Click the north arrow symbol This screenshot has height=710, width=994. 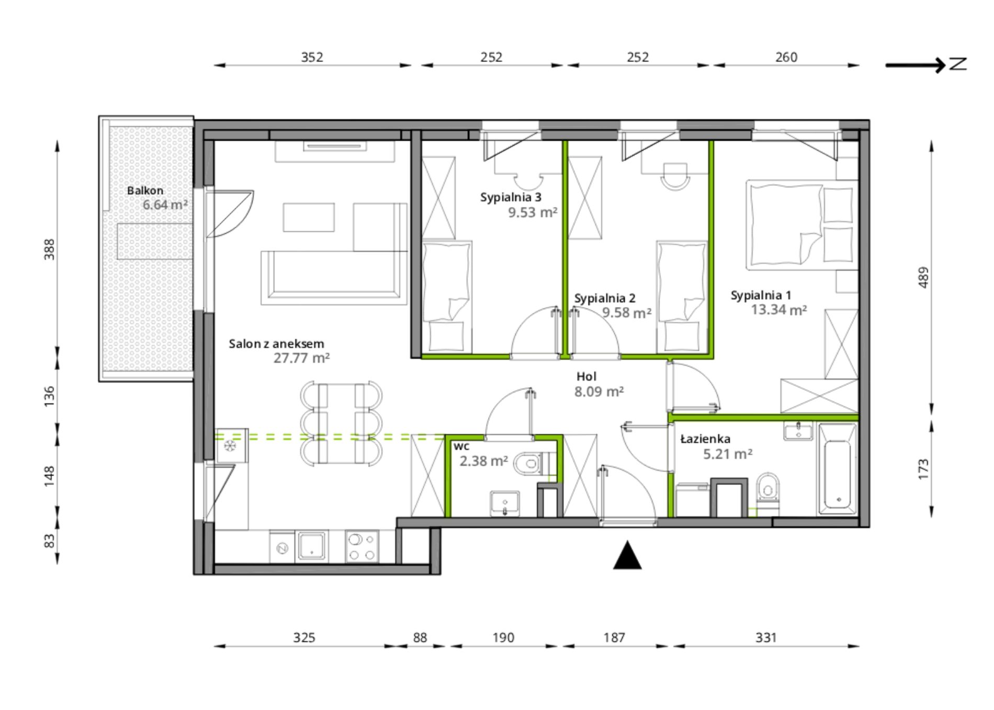pyautogui.click(x=925, y=65)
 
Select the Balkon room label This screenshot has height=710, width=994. pyautogui.click(x=145, y=191)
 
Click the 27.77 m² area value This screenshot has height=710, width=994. pyautogui.click(x=301, y=358)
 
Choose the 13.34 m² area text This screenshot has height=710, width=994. pyautogui.click(x=778, y=310)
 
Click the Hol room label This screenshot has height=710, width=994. pyautogui.click(x=586, y=376)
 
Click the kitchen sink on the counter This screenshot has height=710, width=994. pyautogui.click(x=312, y=546)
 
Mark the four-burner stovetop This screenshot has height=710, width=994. pyautogui.click(x=362, y=546)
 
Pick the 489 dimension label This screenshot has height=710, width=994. pyautogui.click(x=923, y=277)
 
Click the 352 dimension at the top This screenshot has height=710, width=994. pyautogui.click(x=312, y=57)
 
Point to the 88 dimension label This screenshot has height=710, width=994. pyautogui.click(x=420, y=638)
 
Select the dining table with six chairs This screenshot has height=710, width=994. pyautogui.click(x=341, y=424)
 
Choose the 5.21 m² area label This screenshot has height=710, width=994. pyautogui.click(x=728, y=454)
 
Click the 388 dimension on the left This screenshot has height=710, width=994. pyautogui.click(x=49, y=250)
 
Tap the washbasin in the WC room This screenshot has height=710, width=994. pyautogui.click(x=505, y=503)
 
